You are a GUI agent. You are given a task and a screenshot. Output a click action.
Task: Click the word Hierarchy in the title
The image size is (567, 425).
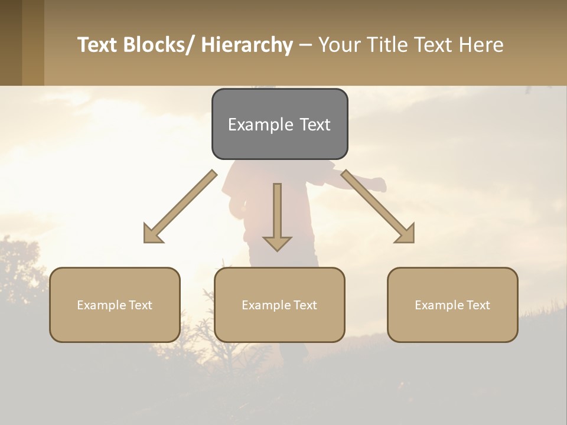(247, 45)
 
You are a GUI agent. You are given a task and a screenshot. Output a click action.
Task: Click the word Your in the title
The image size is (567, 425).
(340, 45)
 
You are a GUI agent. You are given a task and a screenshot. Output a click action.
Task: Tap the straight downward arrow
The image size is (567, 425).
(277, 218)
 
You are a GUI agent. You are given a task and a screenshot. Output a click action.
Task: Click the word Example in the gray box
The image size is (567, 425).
(256, 125)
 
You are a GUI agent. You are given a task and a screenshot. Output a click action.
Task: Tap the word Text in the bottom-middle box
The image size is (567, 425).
(304, 305)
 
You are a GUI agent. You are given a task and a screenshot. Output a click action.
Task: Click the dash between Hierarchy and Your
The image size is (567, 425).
(305, 45)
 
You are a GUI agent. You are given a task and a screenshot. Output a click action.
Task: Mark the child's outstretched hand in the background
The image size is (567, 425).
(378, 185)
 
